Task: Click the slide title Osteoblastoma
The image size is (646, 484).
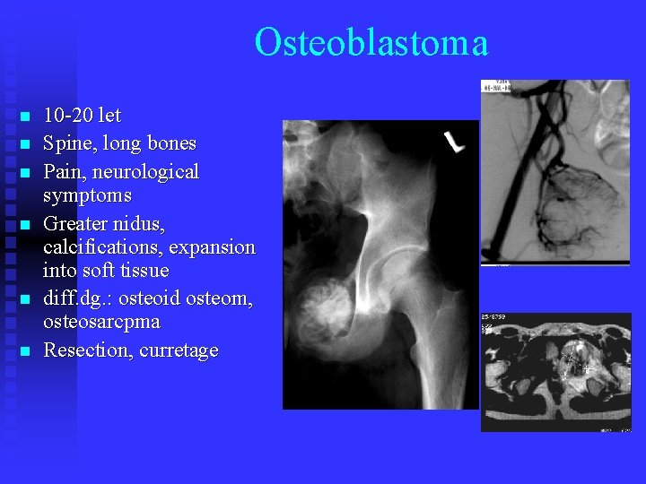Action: [x=371, y=43]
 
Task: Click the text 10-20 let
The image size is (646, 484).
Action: [x=82, y=116]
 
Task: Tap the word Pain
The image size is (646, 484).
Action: [x=64, y=171]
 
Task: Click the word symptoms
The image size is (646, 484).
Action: [x=87, y=194]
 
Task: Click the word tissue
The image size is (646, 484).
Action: [x=142, y=270]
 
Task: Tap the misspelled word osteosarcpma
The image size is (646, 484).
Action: [x=101, y=321]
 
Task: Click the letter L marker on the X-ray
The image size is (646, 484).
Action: [x=455, y=142]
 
